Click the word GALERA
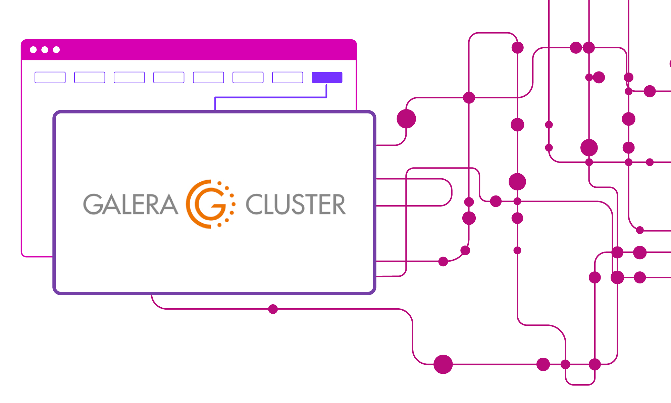[x=130, y=204]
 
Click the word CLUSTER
[x=296, y=204]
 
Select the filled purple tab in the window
[x=327, y=77]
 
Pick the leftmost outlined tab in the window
[x=50, y=77]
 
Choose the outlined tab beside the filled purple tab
[x=288, y=77]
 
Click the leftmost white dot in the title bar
[x=33, y=50]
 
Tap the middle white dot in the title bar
[x=45, y=50]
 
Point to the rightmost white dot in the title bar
[x=56, y=50]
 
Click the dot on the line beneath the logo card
[x=273, y=309]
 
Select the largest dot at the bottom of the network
[x=443, y=364]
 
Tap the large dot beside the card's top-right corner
[x=406, y=119]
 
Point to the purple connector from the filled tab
[x=270, y=97]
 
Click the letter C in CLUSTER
[x=254, y=204]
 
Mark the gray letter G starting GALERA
[x=92, y=204]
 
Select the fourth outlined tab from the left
[x=169, y=77]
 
